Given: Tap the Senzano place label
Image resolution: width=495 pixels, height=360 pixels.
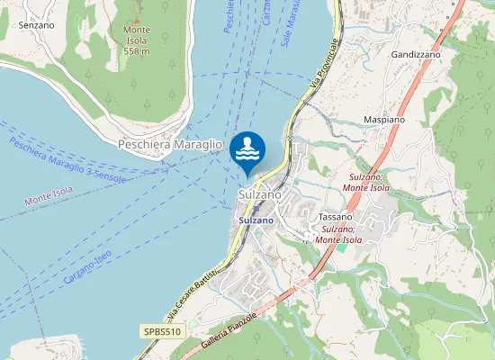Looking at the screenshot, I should [x=36, y=25].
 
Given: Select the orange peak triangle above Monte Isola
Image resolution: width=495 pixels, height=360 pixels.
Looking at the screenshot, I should [x=137, y=20].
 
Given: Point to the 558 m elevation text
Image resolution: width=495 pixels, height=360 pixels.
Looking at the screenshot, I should [x=137, y=51].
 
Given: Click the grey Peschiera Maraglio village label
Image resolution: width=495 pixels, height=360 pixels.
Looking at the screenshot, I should [x=170, y=144].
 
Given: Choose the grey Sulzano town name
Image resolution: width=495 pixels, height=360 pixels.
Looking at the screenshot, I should [x=260, y=194].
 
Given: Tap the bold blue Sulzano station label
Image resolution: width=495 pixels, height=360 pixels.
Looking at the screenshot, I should [x=256, y=220].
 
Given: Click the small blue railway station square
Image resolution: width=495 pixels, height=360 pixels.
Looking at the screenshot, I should [x=256, y=208].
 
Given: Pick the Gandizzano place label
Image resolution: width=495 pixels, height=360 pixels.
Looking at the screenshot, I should [x=415, y=55].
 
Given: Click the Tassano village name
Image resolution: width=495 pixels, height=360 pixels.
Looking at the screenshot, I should [x=335, y=217].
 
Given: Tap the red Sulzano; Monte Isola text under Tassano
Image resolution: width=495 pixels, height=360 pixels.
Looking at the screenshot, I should [x=339, y=234].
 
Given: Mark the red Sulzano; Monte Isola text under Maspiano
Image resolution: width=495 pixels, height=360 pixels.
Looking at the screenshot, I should [x=368, y=183].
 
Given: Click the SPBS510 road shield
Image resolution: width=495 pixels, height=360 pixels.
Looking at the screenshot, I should [x=162, y=332].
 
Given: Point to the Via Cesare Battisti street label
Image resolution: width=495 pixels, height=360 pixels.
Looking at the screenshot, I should [x=193, y=295].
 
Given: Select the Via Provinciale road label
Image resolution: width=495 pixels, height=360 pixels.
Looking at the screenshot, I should [x=325, y=64].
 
